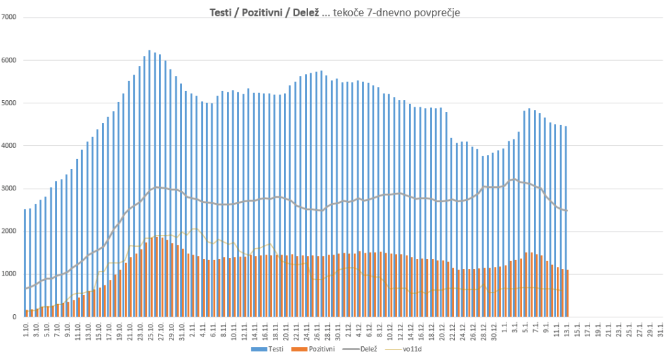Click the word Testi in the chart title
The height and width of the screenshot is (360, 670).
tap(220, 12)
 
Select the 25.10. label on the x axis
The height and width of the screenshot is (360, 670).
tap(150, 329)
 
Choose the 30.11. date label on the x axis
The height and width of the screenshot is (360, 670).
tap(337, 329)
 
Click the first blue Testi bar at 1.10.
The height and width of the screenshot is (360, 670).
tap(25, 262)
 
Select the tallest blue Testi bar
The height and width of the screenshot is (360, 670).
tap(149, 183)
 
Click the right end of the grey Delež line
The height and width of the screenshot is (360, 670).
tap(566, 211)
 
